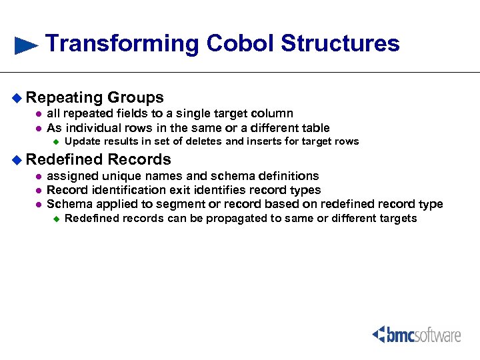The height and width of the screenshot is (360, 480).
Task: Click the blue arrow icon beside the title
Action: [x=26, y=45]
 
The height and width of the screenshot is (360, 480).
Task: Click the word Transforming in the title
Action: [x=123, y=44]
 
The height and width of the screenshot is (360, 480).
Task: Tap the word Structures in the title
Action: [x=340, y=43]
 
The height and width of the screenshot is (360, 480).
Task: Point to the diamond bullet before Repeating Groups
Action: [x=17, y=98]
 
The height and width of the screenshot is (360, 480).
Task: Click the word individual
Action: [x=93, y=128]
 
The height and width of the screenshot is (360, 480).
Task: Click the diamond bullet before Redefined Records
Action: [x=17, y=160]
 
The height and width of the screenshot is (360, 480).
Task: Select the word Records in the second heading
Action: [x=139, y=159]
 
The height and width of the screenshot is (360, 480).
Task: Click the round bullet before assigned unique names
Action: [x=39, y=177]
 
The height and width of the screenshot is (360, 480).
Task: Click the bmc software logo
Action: [x=416, y=334]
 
